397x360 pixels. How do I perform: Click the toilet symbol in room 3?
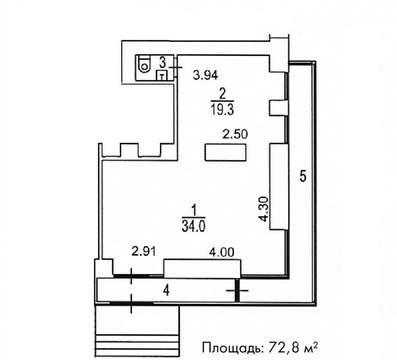pyautogui.click(x=144, y=65)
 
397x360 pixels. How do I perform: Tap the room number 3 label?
pyautogui.click(x=163, y=62)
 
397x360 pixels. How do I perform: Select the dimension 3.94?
pyautogui.click(x=206, y=75)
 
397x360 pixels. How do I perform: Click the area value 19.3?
pyautogui.click(x=222, y=109)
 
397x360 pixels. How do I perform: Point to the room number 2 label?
pyautogui.click(x=222, y=94)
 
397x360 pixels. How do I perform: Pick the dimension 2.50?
pyautogui.click(x=235, y=134)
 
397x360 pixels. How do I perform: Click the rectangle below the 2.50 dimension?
pyautogui.click(x=226, y=152)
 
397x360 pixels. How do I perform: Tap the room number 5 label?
pyautogui.click(x=303, y=175)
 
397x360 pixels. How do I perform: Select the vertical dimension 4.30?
pyautogui.click(x=263, y=208)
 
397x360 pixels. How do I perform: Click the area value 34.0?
pyautogui.click(x=193, y=226)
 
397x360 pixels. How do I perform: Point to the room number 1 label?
pyautogui.click(x=193, y=211)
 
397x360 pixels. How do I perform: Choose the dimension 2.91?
pyautogui.click(x=144, y=251)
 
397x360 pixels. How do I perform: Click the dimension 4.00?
pyautogui.click(x=222, y=251)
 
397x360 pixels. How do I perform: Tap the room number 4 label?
pyautogui.click(x=166, y=291)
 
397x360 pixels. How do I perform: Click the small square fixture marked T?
pyautogui.click(x=162, y=76)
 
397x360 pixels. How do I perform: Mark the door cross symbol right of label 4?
pyautogui.click(x=237, y=291)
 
